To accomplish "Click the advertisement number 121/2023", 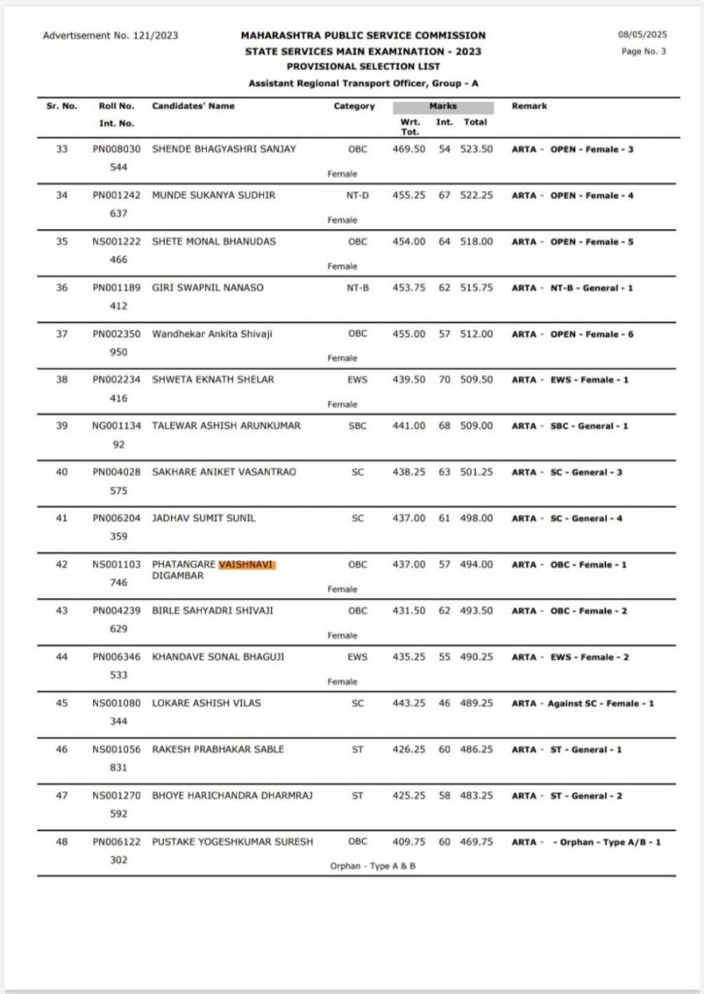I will point(110,36).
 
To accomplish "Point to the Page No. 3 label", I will point(643,51).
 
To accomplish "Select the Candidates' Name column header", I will point(193,106).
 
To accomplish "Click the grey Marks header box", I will point(443,107).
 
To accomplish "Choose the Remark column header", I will point(529,106).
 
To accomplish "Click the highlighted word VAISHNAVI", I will point(248,564).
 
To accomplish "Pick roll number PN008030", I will point(117,149).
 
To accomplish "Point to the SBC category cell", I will point(357,426).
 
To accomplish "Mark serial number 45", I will point(61,703).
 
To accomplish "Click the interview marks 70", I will point(445,380).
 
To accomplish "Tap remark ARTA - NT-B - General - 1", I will point(571,287).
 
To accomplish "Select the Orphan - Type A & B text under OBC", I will point(373,865).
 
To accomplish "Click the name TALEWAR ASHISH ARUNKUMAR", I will point(226,426).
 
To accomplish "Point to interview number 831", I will point(118,767).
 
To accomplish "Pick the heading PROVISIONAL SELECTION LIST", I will point(363,67).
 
